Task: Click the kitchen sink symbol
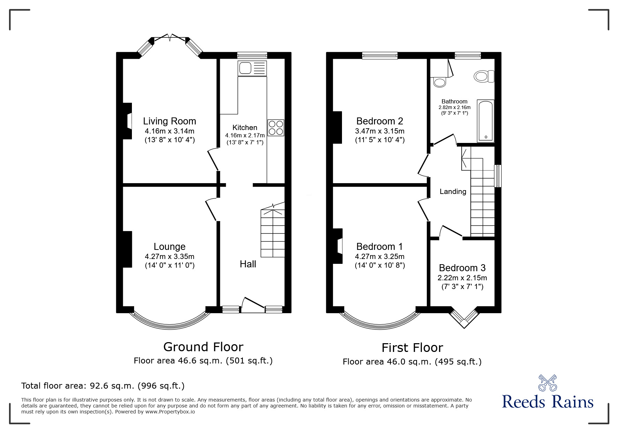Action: (x=252, y=68)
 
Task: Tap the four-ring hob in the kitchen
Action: (x=276, y=128)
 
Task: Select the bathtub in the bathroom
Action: (x=486, y=121)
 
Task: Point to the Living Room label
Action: (x=170, y=121)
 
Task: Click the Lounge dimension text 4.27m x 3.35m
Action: (x=170, y=257)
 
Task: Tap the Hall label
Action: (x=248, y=264)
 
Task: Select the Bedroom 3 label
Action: (x=462, y=268)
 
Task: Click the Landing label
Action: (x=453, y=192)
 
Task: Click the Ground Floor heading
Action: (x=203, y=347)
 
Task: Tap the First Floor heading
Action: (x=412, y=348)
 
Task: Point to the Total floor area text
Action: (x=103, y=386)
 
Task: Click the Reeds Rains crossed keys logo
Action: (x=547, y=383)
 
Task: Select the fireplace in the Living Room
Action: (x=127, y=121)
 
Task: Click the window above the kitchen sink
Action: (x=252, y=55)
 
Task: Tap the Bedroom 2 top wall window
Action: (x=380, y=55)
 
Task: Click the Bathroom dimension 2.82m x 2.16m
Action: (x=454, y=108)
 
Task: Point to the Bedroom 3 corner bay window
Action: (x=464, y=318)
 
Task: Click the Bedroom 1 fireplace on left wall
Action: (x=338, y=246)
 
